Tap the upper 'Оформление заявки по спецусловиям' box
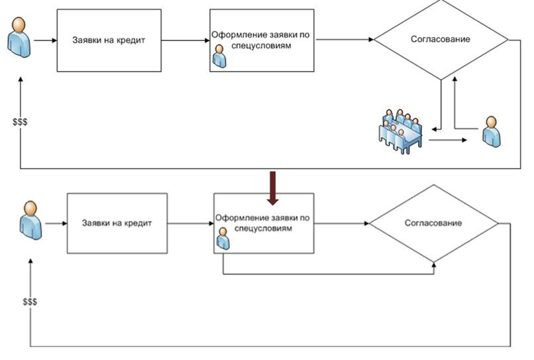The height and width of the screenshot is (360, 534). [262, 40]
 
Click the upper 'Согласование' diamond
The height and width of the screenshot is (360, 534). [441, 40]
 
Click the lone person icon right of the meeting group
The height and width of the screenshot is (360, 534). [491, 131]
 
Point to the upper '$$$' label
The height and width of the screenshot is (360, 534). [20, 123]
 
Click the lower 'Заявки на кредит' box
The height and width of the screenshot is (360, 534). [117, 223]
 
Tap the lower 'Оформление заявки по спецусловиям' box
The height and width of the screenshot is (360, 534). [264, 223]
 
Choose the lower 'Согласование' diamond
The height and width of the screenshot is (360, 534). [433, 223]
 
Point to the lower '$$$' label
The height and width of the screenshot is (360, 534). [30, 302]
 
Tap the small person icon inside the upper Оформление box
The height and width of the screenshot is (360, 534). [218, 57]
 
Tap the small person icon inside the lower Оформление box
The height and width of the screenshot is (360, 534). [223, 239]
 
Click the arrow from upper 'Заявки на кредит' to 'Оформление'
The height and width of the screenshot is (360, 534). [185, 40]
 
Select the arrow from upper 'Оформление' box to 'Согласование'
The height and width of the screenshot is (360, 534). [345, 40]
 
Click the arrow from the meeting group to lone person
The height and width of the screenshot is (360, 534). [450, 141]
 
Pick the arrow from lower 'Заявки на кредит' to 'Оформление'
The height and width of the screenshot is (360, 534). [189, 223]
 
